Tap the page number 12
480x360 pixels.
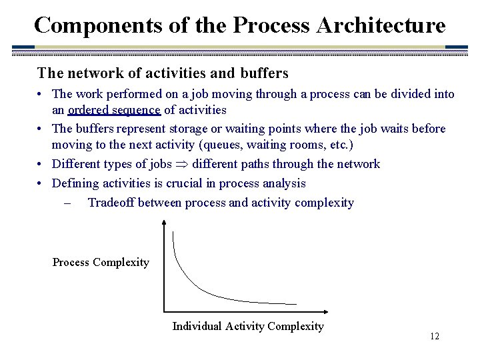[x=434, y=337]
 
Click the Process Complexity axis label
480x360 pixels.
[x=101, y=262]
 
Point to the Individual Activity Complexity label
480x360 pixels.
[x=248, y=326]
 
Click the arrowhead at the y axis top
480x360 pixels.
[x=163, y=223]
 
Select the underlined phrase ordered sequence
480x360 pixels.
[x=114, y=110]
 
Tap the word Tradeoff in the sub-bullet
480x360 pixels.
[x=112, y=203]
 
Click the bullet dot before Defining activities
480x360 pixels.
[x=41, y=183]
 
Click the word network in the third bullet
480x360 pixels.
[x=356, y=164]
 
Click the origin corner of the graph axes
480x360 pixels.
[x=164, y=311]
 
